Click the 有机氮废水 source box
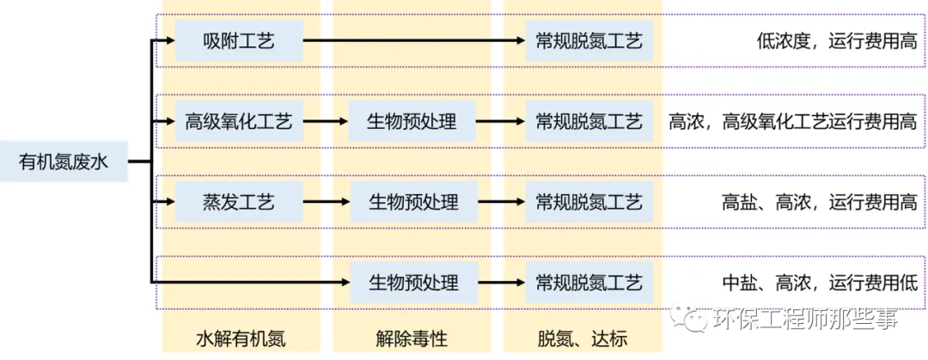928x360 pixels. tap(64, 161)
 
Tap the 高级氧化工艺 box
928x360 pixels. tap(239, 121)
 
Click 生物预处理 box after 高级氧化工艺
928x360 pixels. tap(412, 121)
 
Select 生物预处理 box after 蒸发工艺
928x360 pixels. tap(412, 203)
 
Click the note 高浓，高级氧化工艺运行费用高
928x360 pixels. tap(792, 121)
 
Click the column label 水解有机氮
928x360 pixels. tap(240, 339)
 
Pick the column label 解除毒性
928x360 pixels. tap(412, 339)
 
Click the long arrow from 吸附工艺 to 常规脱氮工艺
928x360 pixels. tap(413, 40)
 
